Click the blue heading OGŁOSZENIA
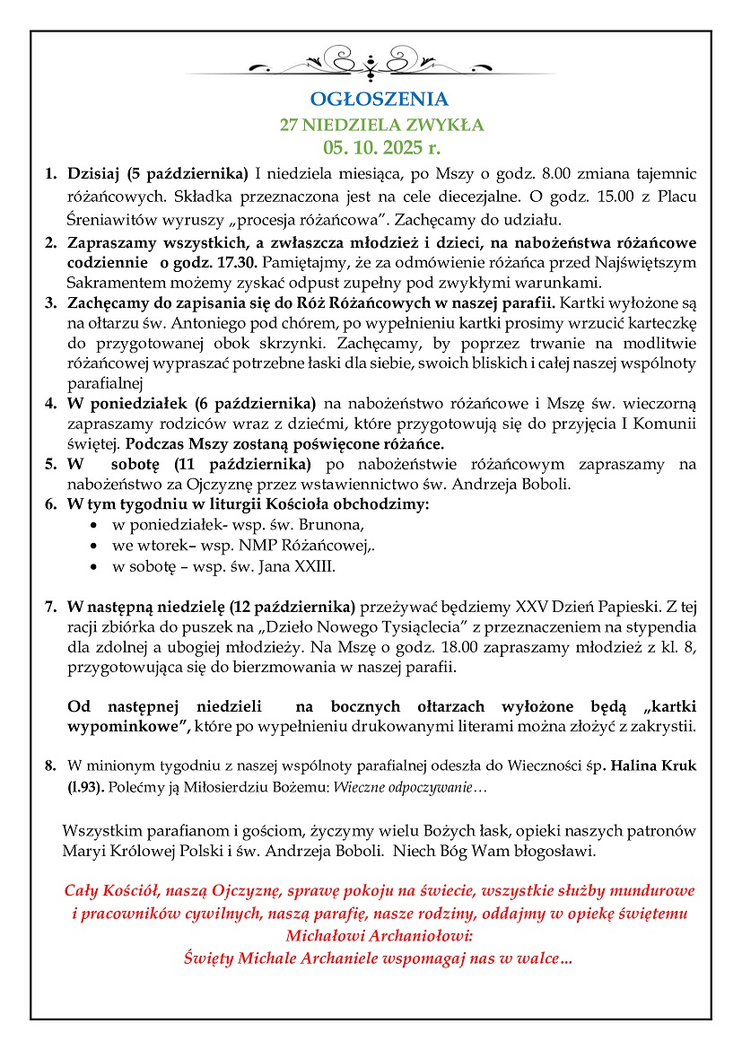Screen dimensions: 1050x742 371,99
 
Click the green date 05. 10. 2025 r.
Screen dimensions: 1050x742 371,144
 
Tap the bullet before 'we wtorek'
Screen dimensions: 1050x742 96,546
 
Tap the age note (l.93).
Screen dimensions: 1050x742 87,786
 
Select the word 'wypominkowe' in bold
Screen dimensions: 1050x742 127,726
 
